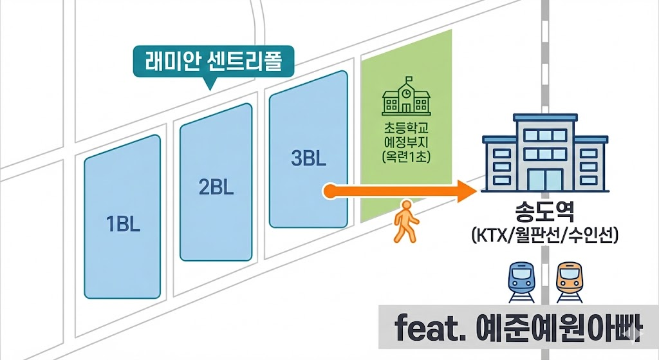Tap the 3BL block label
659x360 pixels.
click(308, 158)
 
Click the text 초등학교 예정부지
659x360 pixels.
click(406, 133)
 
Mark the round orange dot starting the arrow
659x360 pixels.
click(329, 191)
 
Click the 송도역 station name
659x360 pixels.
click(544, 213)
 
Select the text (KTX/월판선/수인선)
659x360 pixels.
click(544, 235)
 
